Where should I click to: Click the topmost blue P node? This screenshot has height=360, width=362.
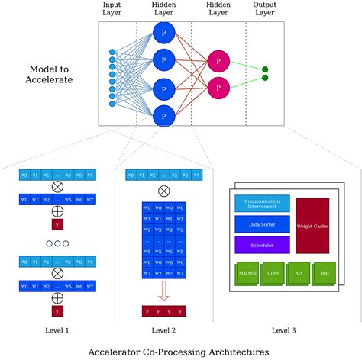[x=163, y=34]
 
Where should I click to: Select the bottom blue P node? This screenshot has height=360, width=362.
[x=163, y=116]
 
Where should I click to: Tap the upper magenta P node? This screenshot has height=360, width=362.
[x=218, y=61]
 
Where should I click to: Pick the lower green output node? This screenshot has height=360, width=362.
[x=265, y=78]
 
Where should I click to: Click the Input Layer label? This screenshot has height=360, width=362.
[x=112, y=9]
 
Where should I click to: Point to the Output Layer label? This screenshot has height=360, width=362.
[x=265, y=9]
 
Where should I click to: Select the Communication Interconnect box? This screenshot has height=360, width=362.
[x=262, y=204]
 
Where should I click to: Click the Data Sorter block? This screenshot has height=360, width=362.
[x=262, y=224]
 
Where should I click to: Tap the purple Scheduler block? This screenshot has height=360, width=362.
[x=262, y=245]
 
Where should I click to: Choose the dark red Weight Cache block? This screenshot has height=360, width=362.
[x=312, y=226]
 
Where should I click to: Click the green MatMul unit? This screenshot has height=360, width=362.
[x=247, y=272]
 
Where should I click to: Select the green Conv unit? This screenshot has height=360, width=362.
[x=273, y=272]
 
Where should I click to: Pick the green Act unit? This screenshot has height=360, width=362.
[x=299, y=272]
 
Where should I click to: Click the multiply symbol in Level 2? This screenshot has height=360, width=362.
[x=163, y=191]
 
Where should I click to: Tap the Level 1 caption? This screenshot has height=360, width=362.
[x=57, y=330]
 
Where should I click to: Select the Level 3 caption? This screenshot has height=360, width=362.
[x=283, y=330]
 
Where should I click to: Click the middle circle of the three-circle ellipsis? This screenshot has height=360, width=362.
[x=57, y=244]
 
